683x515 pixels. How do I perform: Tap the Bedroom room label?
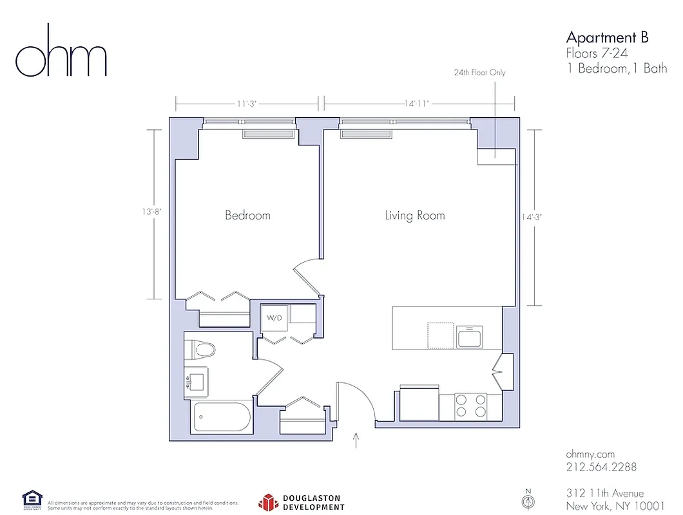247,215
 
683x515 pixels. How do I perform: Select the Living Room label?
415,215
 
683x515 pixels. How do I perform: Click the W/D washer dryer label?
274,318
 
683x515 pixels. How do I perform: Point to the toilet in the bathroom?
201,350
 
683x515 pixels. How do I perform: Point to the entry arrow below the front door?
356,440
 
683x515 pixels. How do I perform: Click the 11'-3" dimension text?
247,102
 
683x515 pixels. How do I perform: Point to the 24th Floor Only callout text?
479,73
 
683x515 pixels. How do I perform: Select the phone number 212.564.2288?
601,467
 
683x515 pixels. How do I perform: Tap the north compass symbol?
528,500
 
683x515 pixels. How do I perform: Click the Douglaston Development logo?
302,502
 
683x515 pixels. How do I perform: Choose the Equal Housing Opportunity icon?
32,500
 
